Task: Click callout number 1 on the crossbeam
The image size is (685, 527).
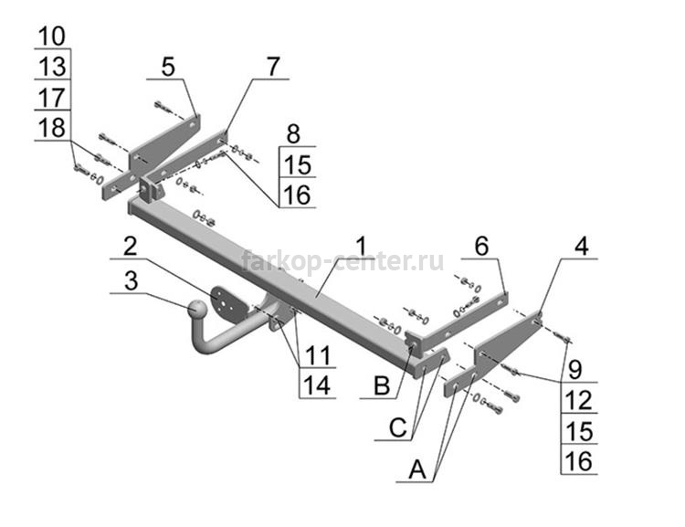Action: (362, 246)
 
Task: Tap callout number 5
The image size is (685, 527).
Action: (168, 67)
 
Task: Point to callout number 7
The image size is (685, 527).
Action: (272, 67)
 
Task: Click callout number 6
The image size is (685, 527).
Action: (481, 246)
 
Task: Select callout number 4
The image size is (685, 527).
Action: (581, 246)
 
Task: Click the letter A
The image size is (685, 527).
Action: (417, 469)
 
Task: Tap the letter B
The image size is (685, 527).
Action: (382, 386)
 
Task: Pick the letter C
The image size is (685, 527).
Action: (397, 427)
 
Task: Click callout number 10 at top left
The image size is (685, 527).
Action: (52, 36)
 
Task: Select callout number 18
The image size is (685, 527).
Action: (52, 128)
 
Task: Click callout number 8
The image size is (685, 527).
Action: (293, 133)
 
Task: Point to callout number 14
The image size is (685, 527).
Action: (317, 385)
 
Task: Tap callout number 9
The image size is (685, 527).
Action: (574, 369)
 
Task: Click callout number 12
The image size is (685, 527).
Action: (578, 400)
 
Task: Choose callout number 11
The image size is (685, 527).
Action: (317, 355)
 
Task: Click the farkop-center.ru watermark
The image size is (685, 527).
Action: (342, 261)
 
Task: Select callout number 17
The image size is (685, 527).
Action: (52, 98)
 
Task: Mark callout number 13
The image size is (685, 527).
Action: (52, 67)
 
